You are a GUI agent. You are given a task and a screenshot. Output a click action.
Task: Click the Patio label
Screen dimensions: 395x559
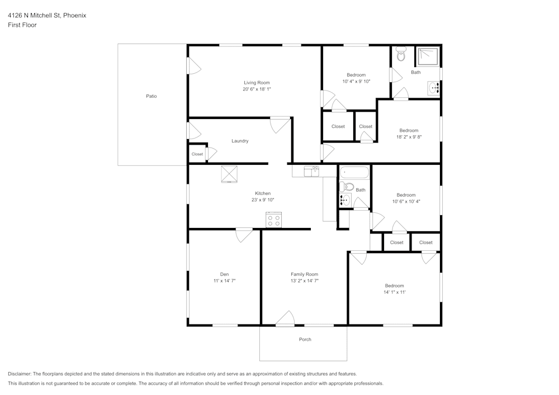[151, 96]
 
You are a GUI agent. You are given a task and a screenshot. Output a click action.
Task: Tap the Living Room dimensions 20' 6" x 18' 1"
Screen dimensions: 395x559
[257, 89]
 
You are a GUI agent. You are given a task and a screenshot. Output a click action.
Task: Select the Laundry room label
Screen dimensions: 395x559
[240, 141]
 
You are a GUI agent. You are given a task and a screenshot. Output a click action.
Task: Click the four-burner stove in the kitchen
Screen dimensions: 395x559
[273, 220]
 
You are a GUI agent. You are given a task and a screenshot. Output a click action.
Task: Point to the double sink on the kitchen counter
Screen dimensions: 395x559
[311, 171]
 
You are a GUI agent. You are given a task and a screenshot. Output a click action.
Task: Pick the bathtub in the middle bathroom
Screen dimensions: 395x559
[354, 172]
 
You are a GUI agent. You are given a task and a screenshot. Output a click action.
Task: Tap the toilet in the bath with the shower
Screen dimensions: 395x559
[400, 54]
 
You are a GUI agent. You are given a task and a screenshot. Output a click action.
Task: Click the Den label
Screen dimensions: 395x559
[224, 274]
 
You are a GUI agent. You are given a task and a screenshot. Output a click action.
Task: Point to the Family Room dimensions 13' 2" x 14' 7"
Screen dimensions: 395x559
[304, 281]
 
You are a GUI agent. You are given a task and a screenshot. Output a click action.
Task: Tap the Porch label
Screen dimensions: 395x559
[305, 339]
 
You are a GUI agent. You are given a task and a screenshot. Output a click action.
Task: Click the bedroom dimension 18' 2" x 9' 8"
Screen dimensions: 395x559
[409, 137]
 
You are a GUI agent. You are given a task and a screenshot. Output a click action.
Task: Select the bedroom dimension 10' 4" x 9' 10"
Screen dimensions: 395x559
[356, 82]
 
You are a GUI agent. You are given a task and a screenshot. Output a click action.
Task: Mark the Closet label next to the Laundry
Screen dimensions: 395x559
[197, 154]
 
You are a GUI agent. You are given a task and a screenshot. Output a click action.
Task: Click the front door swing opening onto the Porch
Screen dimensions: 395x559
[285, 318]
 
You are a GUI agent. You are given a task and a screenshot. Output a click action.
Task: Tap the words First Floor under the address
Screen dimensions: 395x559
[22, 25]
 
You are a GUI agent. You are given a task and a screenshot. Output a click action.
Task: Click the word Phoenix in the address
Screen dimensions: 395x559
[75, 16]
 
